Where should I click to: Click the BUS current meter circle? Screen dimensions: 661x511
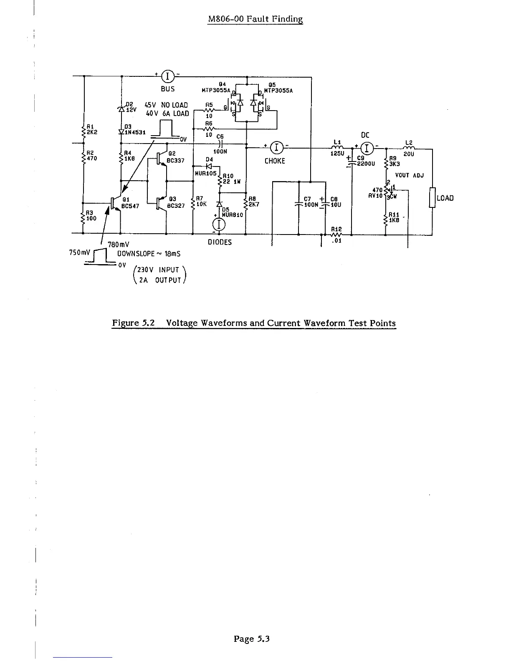pyautogui.click(x=167, y=76)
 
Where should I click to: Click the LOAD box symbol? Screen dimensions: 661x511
pyautogui.click(x=432, y=198)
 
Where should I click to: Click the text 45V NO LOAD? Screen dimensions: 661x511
pyautogui.click(x=166, y=105)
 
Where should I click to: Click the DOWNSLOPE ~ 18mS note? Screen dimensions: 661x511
pyautogui.click(x=149, y=254)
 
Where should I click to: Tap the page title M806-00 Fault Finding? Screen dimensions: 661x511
pyautogui.click(x=255, y=19)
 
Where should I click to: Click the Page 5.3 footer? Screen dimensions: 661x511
pyautogui.click(x=252, y=638)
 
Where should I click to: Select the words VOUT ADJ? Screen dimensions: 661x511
pyautogui.click(x=409, y=175)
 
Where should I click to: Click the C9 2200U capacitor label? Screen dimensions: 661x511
pyautogui.click(x=366, y=161)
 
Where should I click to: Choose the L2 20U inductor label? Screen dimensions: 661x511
pyautogui.click(x=409, y=151)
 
